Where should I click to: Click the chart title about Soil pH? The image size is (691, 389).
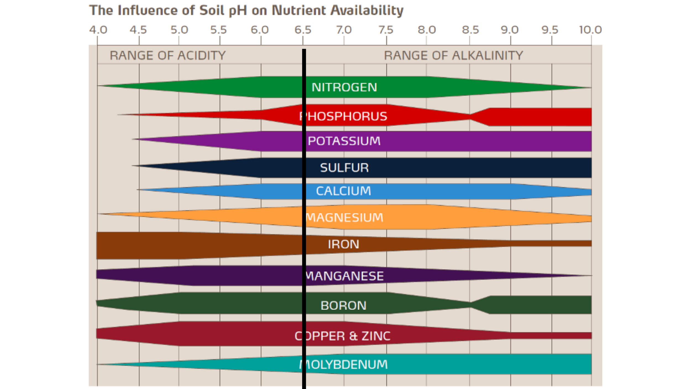click(x=246, y=11)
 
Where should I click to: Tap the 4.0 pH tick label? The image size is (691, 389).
click(x=98, y=30)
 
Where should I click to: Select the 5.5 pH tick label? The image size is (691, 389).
click(x=218, y=30)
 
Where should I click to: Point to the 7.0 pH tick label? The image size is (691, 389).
click(x=344, y=30)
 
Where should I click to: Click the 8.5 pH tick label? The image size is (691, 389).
click(x=470, y=30)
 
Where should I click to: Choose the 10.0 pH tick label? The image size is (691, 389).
click(x=590, y=30)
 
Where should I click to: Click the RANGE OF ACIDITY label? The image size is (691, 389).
click(x=167, y=56)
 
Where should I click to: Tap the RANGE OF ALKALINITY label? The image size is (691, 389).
click(x=453, y=56)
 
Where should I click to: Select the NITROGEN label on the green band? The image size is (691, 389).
click(x=344, y=87)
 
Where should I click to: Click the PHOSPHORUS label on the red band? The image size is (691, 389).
click(x=343, y=116)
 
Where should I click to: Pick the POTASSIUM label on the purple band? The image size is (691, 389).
click(x=344, y=141)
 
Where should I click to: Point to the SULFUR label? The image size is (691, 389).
click(x=344, y=168)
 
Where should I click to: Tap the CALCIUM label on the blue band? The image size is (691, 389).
click(x=343, y=191)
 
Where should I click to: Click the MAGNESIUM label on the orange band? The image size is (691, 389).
click(x=344, y=217)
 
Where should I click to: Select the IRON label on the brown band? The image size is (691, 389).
click(x=343, y=244)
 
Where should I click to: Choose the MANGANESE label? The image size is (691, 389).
click(x=344, y=276)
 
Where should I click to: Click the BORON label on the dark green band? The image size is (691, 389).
click(x=343, y=306)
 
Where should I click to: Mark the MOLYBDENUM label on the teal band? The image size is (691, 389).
click(x=343, y=365)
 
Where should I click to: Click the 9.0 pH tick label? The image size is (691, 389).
click(x=510, y=30)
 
